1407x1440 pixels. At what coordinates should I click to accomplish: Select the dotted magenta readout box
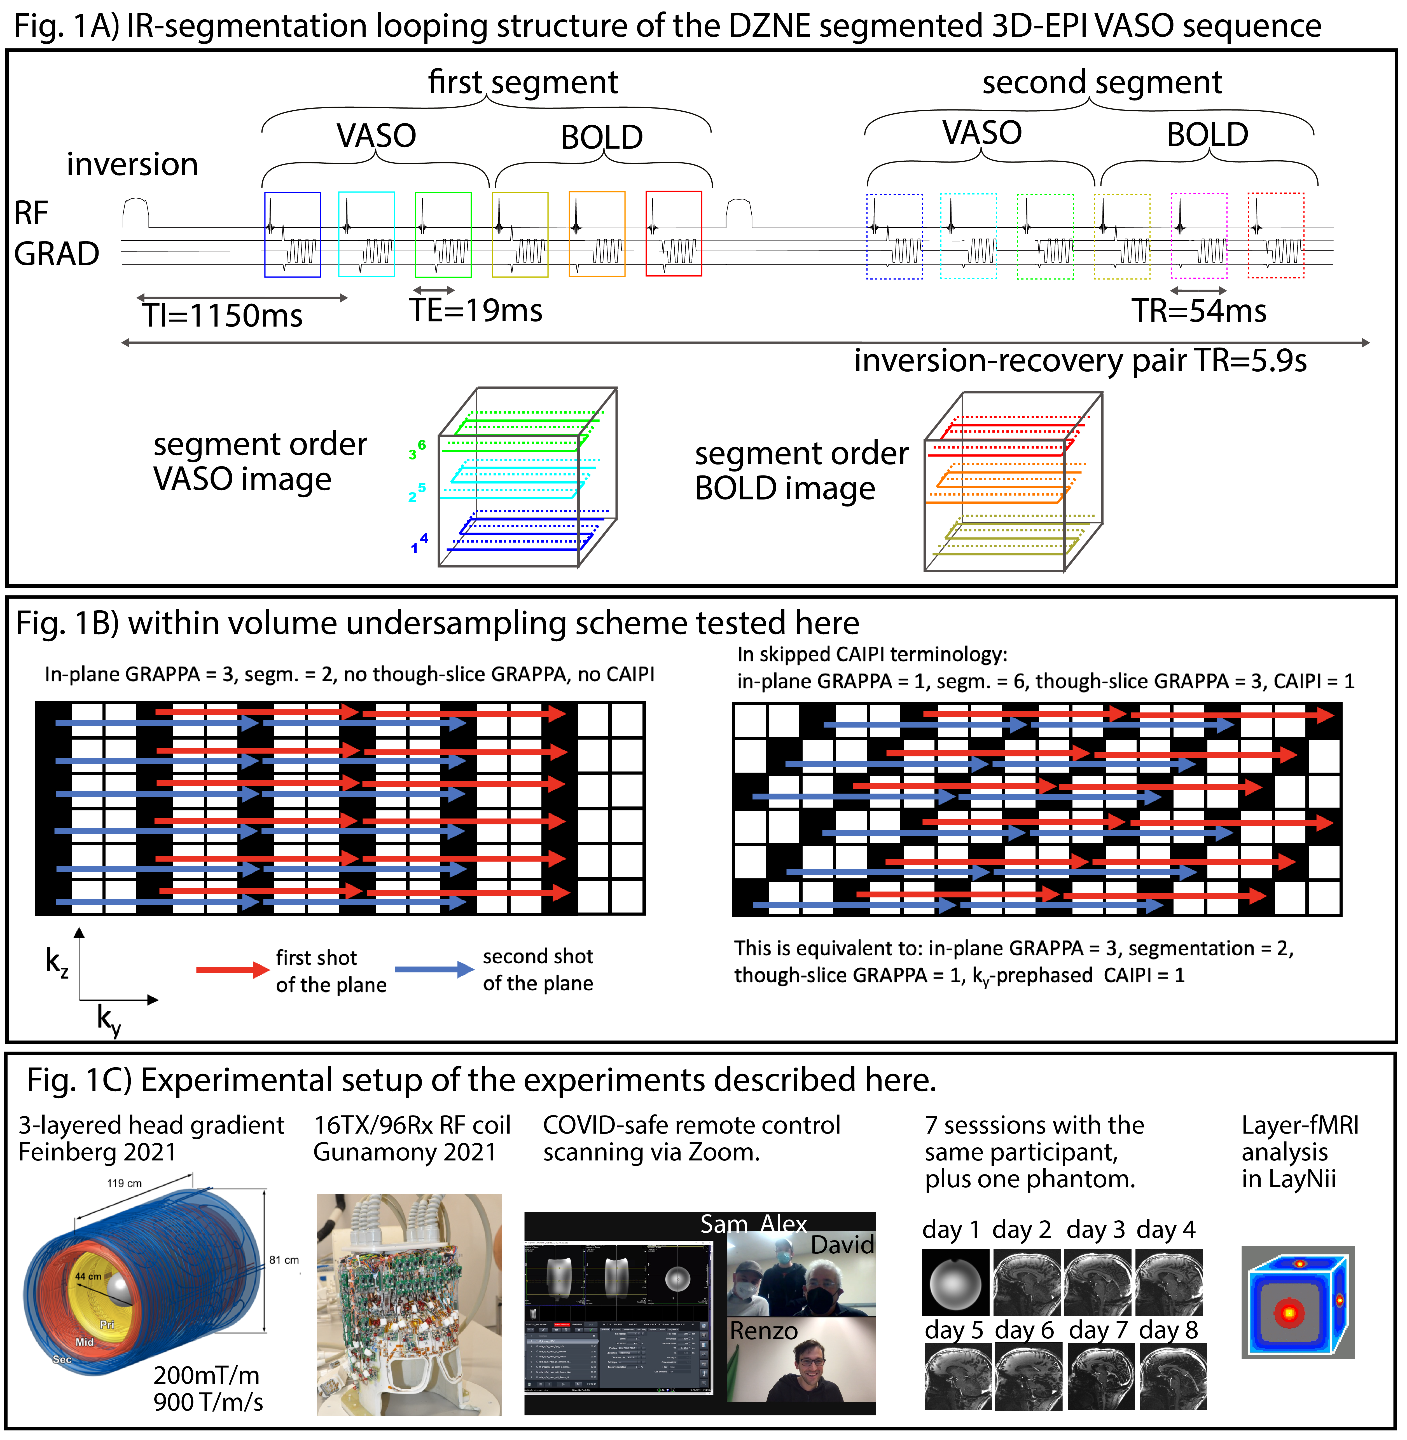coord(1199,236)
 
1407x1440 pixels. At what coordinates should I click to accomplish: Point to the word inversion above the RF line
coord(132,164)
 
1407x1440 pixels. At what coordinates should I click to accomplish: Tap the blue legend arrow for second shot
coord(434,969)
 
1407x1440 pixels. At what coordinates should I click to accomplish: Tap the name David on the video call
coord(842,1245)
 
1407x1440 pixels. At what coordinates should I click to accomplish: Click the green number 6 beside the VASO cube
coord(422,445)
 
